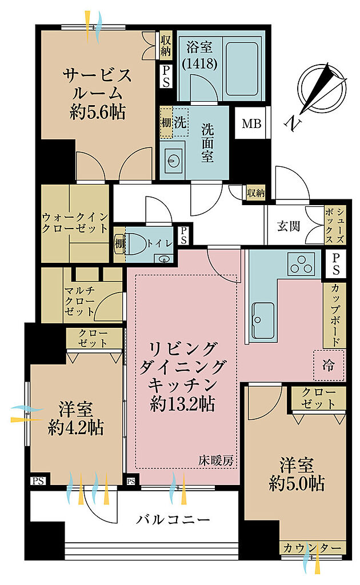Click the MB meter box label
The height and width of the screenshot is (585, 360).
pyautogui.click(x=251, y=123)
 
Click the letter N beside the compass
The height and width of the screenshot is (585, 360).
pyautogui.click(x=294, y=123)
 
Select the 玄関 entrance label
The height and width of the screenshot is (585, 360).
pyautogui.click(x=289, y=226)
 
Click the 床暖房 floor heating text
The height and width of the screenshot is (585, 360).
pyautogui.click(x=215, y=461)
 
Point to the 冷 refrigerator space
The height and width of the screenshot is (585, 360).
pyautogui.click(x=329, y=364)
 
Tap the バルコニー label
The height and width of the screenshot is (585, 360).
pyautogui.click(x=173, y=519)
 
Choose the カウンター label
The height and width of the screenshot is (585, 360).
pyautogui.click(x=312, y=548)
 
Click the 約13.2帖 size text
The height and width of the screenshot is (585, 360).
pyautogui.click(x=182, y=403)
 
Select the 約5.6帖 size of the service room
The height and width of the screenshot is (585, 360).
pyautogui.click(x=97, y=111)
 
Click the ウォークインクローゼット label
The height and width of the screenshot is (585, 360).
pyautogui.click(x=75, y=223)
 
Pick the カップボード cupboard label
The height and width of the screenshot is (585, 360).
pyautogui.click(x=335, y=315)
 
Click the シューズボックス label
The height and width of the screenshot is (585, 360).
pyautogui.click(x=335, y=226)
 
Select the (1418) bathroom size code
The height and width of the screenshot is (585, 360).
pyautogui.click(x=199, y=64)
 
